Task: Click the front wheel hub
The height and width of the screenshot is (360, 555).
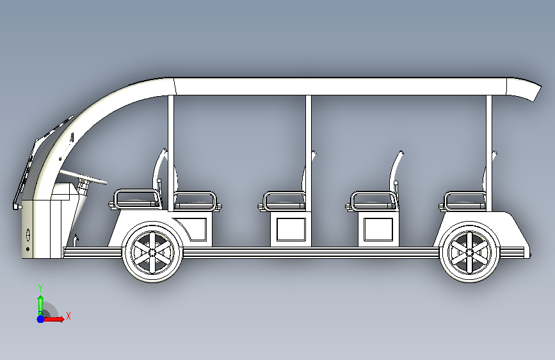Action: click(x=152, y=252)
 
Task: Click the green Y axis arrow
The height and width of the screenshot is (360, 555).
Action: click(x=40, y=301)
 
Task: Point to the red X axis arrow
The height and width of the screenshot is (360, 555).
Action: click(x=56, y=318)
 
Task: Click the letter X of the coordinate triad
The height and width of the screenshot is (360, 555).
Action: click(x=68, y=316)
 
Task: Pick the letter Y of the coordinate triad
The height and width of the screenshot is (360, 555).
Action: click(x=40, y=288)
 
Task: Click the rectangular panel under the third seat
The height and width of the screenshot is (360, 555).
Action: click(x=381, y=229)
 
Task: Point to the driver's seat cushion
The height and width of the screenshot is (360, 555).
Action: click(x=135, y=199)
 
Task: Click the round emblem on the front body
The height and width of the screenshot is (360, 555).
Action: click(x=28, y=234)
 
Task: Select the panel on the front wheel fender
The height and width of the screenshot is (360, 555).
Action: click(x=194, y=229)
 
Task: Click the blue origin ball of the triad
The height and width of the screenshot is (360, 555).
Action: click(x=40, y=318)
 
